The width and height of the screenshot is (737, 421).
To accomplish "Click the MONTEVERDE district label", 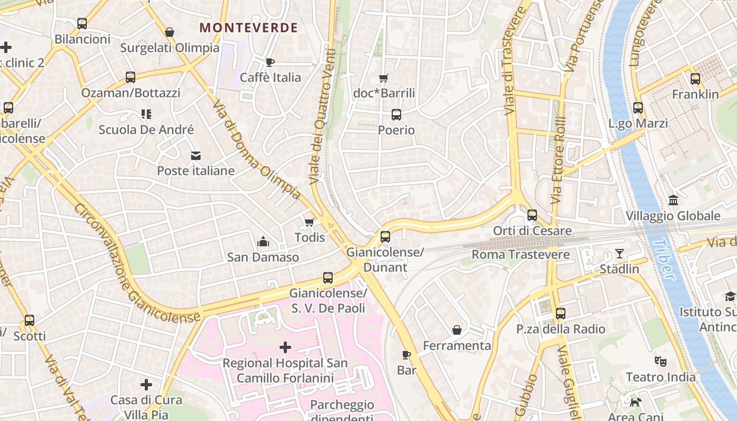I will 249,27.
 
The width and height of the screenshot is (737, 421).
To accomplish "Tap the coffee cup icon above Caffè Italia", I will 270,62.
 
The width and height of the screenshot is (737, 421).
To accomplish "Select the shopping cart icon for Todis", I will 310,222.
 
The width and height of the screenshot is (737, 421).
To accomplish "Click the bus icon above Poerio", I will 396,114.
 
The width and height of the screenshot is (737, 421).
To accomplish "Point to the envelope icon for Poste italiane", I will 196,155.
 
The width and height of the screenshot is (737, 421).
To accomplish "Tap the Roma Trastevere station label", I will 520,255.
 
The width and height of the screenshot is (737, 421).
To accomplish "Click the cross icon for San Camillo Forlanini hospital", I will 285,347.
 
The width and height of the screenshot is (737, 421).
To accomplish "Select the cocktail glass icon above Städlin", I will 620,254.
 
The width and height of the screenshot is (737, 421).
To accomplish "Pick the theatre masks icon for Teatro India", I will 660,362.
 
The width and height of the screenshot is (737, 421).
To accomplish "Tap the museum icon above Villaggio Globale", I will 673,200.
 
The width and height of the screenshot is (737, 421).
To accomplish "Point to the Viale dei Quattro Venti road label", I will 323,117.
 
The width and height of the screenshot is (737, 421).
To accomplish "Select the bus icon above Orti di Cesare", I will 532,215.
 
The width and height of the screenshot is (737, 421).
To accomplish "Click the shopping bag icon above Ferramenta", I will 457,330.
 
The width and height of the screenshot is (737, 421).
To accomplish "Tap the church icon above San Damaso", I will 263,242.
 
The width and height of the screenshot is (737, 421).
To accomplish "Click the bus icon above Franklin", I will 695,79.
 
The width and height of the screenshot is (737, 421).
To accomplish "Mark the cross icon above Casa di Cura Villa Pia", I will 146,385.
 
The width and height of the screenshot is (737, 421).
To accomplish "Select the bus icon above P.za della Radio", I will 561,314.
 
